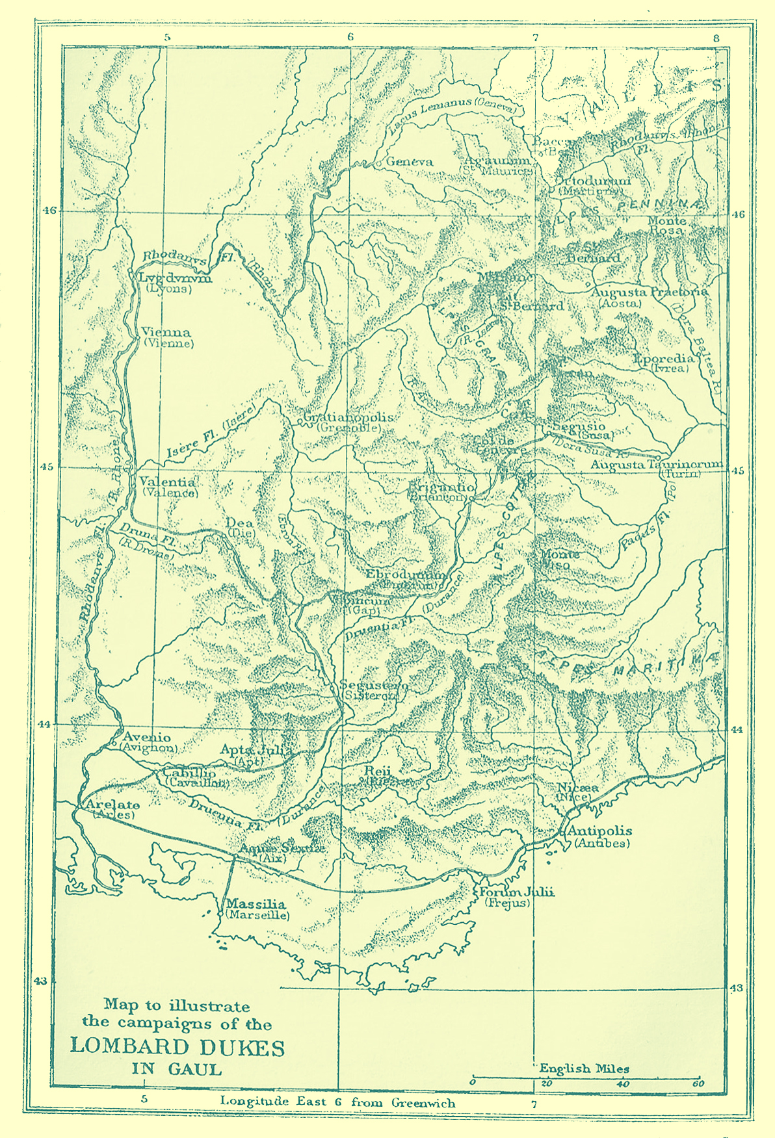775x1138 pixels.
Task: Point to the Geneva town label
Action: pos(410,162)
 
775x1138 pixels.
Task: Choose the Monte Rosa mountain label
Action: pos(666,226)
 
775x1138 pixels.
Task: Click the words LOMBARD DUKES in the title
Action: pos(177,1047)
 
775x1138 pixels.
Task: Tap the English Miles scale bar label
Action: pos(583,1068)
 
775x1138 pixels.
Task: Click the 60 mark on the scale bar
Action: pos(698,1083)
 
